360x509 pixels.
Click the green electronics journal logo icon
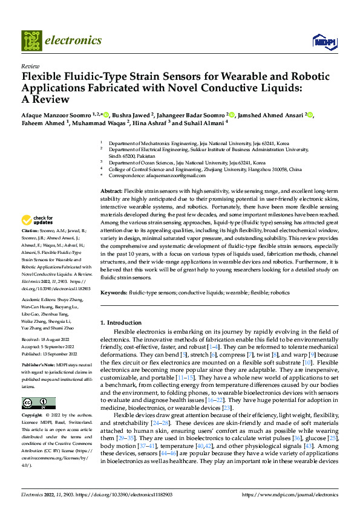pyautogui.click(x=31, y=41)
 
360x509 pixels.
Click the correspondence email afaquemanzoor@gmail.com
pyautogui.click(x=159, y=175)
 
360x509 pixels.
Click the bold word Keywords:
pyautogui.click(x=113, y=292)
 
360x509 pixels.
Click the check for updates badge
pyautogui.click(x=38, y=220)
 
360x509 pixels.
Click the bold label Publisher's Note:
pyautogui.click(x=38, y=366)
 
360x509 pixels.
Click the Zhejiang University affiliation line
pyautogui.click(x=205, y=169)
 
